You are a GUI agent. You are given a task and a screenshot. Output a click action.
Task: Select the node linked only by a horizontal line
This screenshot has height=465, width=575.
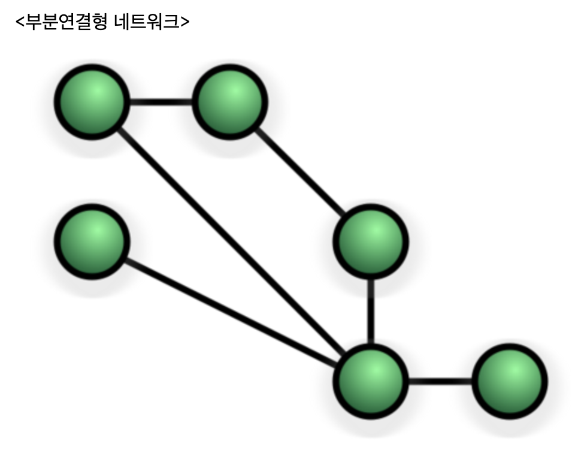pos(509,381)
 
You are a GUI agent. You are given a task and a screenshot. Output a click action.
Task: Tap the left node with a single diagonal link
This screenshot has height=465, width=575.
pos(92,241)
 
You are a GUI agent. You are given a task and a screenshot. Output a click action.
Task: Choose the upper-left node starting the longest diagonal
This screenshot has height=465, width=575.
pos(92,102)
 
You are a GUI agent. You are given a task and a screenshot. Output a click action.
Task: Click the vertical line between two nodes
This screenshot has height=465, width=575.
pos(371,312)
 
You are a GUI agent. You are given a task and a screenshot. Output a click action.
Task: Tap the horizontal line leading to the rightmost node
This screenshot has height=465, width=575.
pos(440,381)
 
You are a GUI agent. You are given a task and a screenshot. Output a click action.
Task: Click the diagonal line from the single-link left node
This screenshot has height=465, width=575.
pos(231,312)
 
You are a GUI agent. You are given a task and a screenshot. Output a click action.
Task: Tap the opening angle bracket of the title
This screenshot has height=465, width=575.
pos(20,22)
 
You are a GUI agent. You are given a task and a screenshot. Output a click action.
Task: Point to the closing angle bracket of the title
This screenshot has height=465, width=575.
pos(185,22)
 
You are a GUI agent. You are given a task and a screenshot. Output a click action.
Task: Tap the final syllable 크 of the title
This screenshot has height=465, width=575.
pos(172,22)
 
